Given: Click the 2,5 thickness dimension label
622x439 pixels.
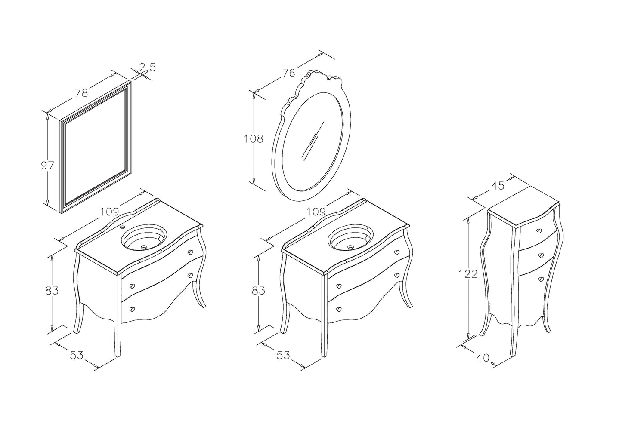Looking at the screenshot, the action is pyautogui.click(x=148, y=67).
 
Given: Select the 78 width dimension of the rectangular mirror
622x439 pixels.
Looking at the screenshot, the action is pyautogui.click(x=82, y=93).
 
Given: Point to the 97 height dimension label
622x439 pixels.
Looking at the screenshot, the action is pyautogui.click(x=47, y=166).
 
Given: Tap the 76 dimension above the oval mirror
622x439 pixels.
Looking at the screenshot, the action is pyautogui.click(x=288, y=73).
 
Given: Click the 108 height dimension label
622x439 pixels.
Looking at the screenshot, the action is pyautogui.click(x=253, y=138).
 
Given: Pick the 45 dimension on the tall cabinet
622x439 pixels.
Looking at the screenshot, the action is pyautogui.click(x=498, y=186).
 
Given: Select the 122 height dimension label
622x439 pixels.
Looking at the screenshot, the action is pyautogui.click(x=468, y=274).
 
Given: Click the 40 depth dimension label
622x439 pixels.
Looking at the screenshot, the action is pyautogui.click(x=483, y=358).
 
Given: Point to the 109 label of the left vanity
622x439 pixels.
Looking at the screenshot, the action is pyautogui.click(x=109, y=212).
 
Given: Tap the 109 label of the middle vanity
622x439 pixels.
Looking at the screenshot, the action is pyautogui.click(x=316, y=212).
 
